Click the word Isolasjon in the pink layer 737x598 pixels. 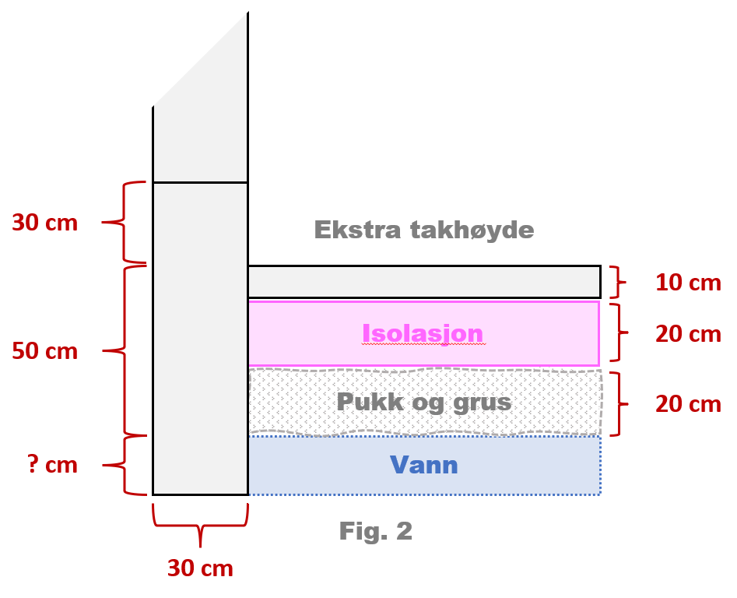pos(423,333)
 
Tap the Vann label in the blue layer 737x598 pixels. pos(423,466)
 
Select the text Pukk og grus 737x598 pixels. pos(423,403)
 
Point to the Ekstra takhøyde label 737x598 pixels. pos(424,230)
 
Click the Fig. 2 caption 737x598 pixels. pos(376,532)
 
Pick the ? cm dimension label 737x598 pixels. pos(44,466)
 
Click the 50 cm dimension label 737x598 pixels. pos(44,351)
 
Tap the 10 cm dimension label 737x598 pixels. pos(688,283)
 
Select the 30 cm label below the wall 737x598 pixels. pos(200,568)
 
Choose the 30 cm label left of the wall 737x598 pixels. pos(44,223)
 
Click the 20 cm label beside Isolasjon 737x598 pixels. pos(688,334)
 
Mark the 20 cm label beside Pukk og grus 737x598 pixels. pos(688,404)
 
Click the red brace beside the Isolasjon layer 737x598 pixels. pos(620,333)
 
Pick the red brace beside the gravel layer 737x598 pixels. pos(620,404)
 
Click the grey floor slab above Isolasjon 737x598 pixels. pos(423,282)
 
